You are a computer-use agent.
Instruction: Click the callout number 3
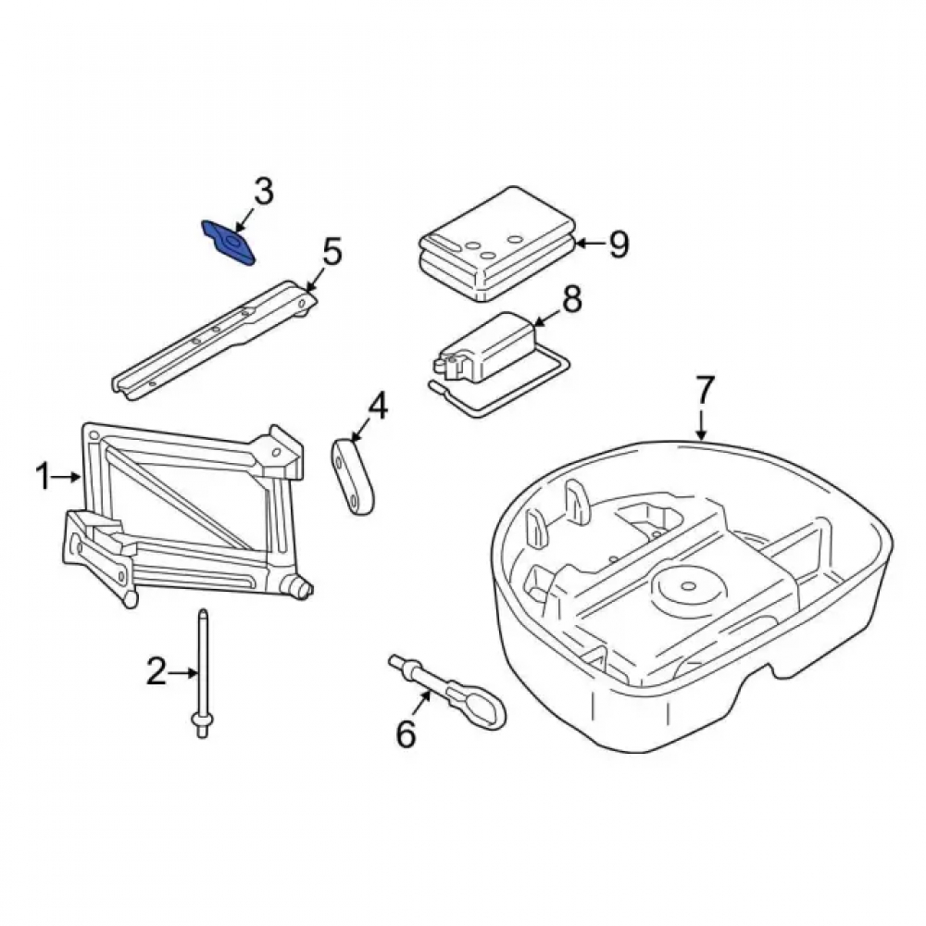263,192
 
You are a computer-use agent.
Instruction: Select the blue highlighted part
229,243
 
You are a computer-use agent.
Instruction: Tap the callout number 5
332,252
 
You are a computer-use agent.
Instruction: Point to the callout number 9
619,244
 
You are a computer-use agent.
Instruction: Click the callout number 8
571,299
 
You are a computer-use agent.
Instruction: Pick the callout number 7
705,389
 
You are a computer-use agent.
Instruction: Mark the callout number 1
44,477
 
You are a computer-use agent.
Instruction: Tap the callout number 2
156,671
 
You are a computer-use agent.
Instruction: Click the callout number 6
406,733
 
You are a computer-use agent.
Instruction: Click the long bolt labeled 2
202,673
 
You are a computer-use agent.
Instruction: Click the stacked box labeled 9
497,244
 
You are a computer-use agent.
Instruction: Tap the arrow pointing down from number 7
702,424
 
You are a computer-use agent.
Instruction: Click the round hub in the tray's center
687,586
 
